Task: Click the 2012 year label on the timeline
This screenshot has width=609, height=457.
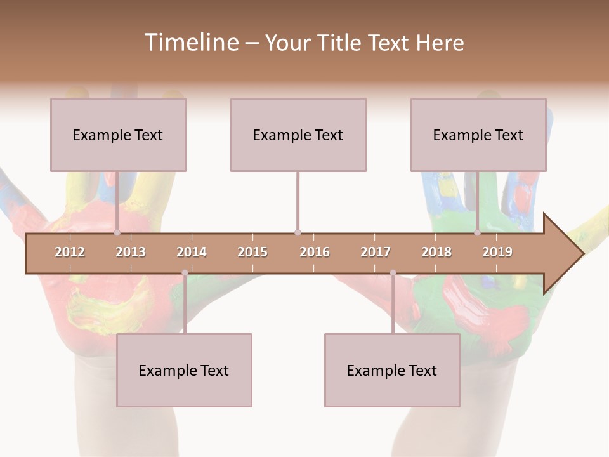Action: point(70,252)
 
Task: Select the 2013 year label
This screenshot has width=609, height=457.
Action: point(131,252)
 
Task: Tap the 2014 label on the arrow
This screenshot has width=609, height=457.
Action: point(192,252)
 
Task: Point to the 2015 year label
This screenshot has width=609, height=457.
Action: point(252,252)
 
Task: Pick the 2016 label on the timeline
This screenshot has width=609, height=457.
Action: point(315,252)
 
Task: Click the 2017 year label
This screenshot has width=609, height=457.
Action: point(376,252)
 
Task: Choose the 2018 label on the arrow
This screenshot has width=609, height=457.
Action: point(436,252)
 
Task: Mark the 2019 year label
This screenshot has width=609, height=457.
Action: point(497,252)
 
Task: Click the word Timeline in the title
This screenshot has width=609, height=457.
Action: point(190,43)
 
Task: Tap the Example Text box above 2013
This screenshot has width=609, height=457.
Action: point(118,135)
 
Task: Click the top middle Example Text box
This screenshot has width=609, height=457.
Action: point(298,135)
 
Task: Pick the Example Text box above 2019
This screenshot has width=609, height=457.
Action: point(478,135)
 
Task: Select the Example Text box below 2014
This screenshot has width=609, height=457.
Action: point(184,370)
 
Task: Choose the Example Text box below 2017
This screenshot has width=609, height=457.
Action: point(392,370)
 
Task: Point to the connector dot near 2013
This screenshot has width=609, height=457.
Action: point(117,233)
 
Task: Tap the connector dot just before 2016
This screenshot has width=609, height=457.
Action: point(298,233)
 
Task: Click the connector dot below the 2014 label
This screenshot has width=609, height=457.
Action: point(185,273)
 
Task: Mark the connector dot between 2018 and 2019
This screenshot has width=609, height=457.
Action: point(477,233)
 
